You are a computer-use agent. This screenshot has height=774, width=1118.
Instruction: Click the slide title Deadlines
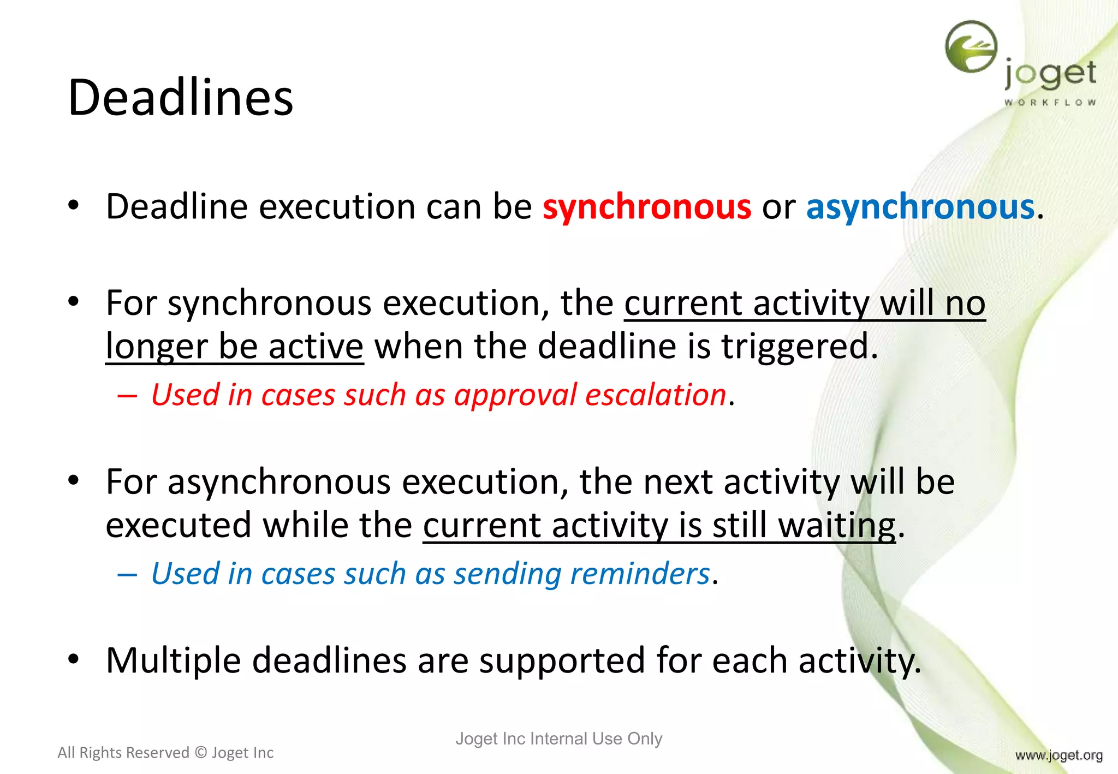pos(180,98)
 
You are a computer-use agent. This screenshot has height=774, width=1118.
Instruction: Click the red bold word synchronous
pos(646,207)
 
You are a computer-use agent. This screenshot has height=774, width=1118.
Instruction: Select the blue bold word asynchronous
pos(920,207)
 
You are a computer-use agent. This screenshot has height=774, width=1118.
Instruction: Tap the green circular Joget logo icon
pos(971,47)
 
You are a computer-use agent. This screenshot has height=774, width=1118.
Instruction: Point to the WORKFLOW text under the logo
pos(1050,102)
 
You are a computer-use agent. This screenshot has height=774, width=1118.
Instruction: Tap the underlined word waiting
pos(836,526)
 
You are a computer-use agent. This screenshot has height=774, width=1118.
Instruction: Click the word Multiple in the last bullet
pos(173,660)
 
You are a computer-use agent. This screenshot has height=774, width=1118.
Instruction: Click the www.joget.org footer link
pos(1058,755)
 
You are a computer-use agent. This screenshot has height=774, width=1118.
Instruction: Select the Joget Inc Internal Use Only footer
pos(558,739)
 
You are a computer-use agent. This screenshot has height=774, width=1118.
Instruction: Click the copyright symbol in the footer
pos(200,753)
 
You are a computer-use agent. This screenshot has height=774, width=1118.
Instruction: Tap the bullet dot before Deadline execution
pos(74,205)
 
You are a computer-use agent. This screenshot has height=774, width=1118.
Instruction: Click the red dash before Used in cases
pos(127,396)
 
